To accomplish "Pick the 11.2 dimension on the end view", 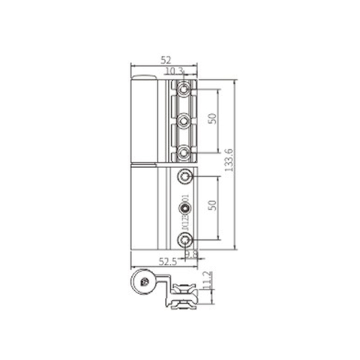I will tap(213, 280).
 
